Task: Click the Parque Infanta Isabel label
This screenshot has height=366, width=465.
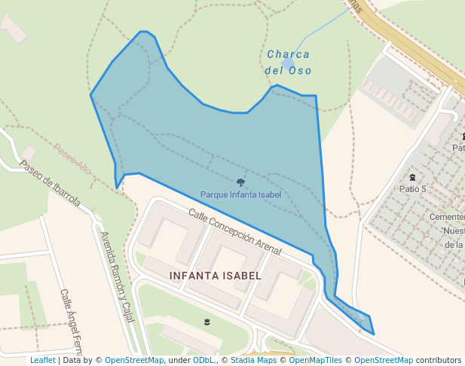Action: click(x=240, y=194)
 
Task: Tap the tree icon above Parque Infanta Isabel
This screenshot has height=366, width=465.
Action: click(x=240, y=182)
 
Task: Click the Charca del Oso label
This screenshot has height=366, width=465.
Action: click(x=288, y=63)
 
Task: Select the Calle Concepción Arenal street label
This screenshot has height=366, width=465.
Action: click(x=235, y=231)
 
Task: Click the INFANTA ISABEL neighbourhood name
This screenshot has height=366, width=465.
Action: click(x=216, y=276)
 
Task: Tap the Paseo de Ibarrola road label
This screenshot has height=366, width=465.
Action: click(x=50, y=184)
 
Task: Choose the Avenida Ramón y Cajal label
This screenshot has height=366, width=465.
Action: click(x=116, y=275)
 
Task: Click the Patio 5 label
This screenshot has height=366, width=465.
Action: click(x=413, y=189)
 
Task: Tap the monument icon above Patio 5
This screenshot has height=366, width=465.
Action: click(x=412, y=178)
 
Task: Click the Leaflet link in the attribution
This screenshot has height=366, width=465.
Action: click(x=43, y=361)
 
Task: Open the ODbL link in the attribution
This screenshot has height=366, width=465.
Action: click(x=203, y=361)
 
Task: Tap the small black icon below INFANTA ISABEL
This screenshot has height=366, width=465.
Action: click(x=206, y=322)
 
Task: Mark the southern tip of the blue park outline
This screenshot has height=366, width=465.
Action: click(x=373, y=334)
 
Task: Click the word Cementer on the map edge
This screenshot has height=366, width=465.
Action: click(x=446, y=217)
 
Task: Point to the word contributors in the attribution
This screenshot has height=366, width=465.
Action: click(x=438, y=361)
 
